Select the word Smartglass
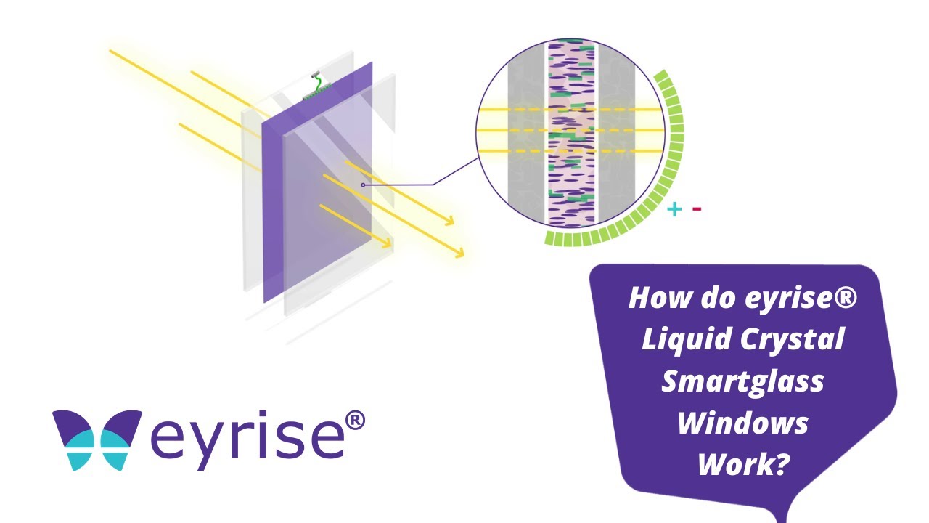pyautogui.click(x=742, y=381)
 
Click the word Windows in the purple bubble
pyautogui.click(x=742, y=422)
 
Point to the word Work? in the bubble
pyautogui.click(x=742, y=463)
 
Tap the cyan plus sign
pyautogui.click(x=675, y=210)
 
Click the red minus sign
pyautogui.click(x=697, y=210)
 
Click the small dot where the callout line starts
pyautogui.click(x=363, y=185)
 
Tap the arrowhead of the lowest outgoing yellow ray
pyautogui.click(x=459, y=253)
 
